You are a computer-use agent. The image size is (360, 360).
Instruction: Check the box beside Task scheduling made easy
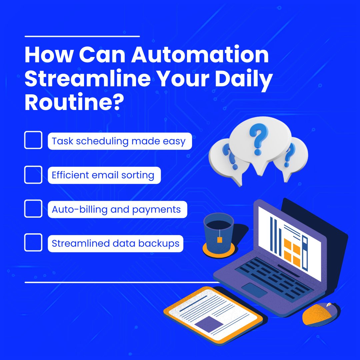33,140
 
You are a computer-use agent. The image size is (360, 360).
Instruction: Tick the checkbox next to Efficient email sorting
33,174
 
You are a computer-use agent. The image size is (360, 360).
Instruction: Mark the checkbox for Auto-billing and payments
33,209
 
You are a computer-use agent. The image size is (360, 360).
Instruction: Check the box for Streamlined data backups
33,242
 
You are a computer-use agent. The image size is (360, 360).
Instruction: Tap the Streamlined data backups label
115,243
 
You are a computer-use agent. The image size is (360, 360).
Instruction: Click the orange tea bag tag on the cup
219,239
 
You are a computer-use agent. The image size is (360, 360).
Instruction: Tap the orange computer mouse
319,314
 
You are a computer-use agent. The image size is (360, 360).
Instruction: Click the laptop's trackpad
254,290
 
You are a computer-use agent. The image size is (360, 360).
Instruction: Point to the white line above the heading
82,36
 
